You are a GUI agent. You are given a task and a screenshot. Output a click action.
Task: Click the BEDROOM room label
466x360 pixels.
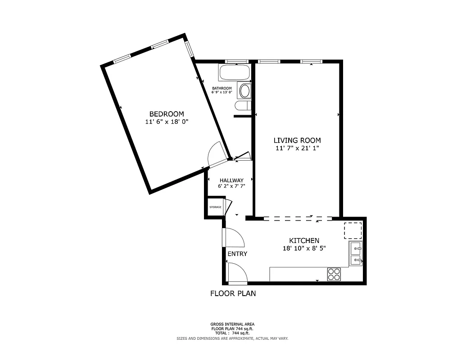tap(167, 114)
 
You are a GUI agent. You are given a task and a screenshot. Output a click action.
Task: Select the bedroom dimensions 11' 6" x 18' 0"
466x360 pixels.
tap(167, 122)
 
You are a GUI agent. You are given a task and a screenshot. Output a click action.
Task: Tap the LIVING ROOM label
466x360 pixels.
tap(297, 140)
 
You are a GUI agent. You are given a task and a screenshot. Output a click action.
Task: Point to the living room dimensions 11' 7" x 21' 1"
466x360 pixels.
tap(297, 148)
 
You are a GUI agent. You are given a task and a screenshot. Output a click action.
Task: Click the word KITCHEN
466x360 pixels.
tap(304, 241)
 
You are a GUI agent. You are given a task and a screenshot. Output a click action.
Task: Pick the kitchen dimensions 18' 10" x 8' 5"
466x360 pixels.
tap(304, 248)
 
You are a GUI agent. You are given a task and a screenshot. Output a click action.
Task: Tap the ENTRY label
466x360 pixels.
tap(237, 254)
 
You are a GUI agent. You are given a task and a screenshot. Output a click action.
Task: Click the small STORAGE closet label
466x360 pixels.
tap(215, 207)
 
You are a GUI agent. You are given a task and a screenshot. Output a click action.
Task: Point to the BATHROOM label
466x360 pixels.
tap(222, 88)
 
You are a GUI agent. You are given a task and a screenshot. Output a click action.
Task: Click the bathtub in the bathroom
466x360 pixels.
tap(234, 72)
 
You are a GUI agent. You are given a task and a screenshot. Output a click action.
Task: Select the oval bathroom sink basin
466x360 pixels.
tap(244, 91)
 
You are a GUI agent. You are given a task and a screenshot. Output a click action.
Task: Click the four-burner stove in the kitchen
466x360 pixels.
tap(334, 274)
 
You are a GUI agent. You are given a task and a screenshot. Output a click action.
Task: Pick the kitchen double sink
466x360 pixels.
tap(356, 254)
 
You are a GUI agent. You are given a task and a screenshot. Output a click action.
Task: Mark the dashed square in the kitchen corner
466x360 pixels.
tap(353, 230)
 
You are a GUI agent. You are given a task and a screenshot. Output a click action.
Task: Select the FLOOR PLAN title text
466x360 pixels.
tap(233, 294)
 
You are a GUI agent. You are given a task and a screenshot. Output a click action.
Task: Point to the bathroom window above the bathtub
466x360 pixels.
tap(236, 61)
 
